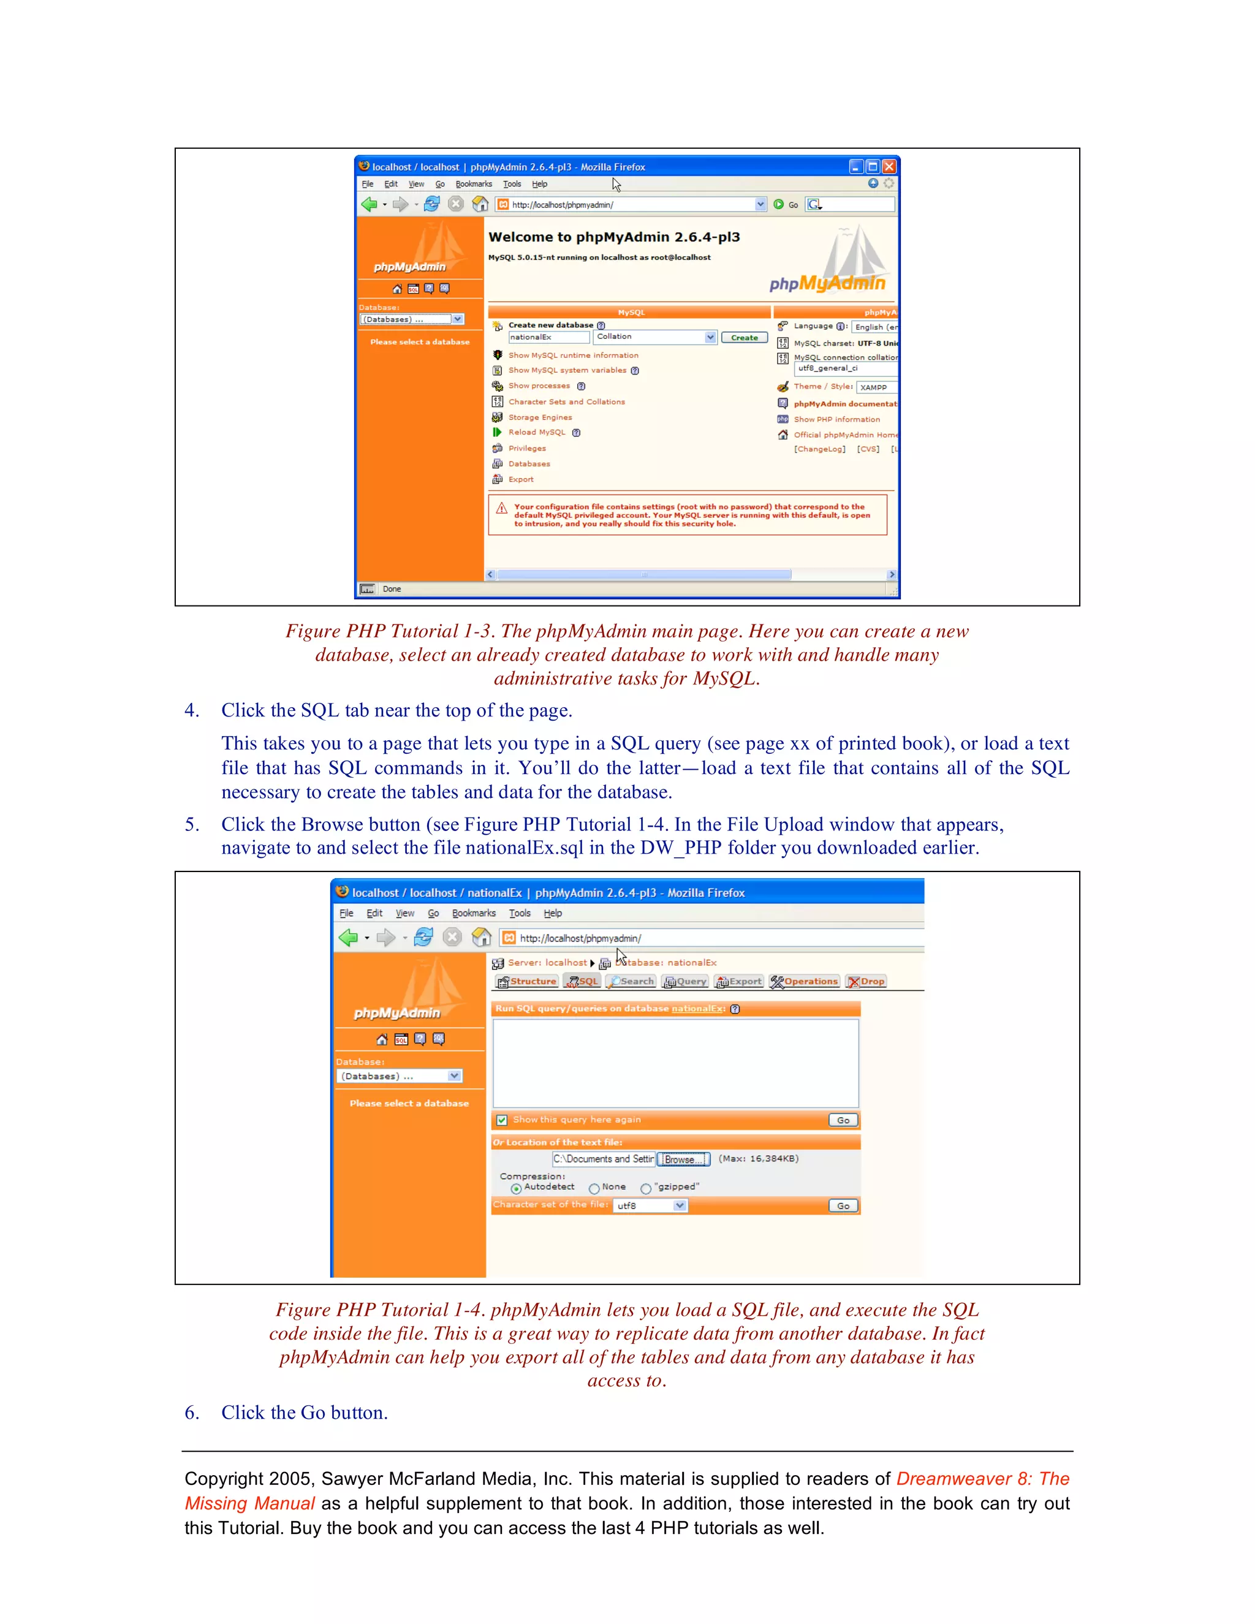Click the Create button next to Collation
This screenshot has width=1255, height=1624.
click(x=743, y=338)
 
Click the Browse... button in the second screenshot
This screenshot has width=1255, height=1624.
click(x=683, y=1159)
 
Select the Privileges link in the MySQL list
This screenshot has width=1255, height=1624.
click(x=526, y=449)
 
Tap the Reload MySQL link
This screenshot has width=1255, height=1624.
click(x=536, y=432)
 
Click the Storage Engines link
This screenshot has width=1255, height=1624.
click(x=540, y=417)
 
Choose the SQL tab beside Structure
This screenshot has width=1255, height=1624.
click(x=582, y=982)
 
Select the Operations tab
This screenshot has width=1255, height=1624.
click(x=805, y=982)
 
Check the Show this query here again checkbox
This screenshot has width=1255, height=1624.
click(x=502, y=1120)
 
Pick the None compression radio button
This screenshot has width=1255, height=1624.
click(x=594, y=1188)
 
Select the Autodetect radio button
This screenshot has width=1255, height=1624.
click(x=516, y=1188)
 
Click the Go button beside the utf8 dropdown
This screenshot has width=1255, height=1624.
click(x=843, y=1206)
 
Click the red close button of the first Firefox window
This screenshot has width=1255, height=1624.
click(x=889, y=167)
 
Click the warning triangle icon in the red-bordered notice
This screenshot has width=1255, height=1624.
click(x=502, y=509)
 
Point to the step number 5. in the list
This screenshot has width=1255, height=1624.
click(x=192, y=825)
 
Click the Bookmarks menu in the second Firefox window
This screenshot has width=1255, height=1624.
click(x=474, y=913)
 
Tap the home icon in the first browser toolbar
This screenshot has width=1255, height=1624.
click(x=481, y=203)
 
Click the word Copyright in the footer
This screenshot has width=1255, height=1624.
click(x=224, y=1478)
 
